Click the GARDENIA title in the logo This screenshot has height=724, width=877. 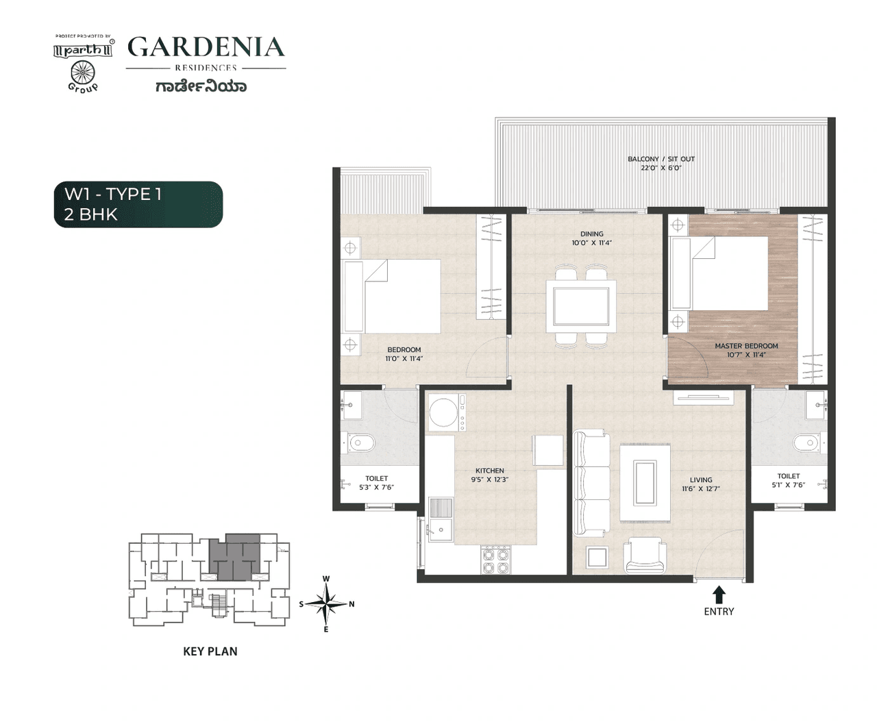point(206,47)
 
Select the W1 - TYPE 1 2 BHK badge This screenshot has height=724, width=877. point(138,204)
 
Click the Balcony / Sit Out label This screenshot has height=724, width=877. point(661,163)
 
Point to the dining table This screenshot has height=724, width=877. point(581,306)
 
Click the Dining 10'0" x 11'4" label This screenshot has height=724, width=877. point(592,238)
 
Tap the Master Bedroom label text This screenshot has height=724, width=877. point(746,350)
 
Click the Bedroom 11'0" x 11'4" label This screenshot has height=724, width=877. point(404,354)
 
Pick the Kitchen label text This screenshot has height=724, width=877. point(490,475)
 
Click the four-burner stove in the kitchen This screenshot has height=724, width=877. point(496,560)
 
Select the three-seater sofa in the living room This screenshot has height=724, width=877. point(591,483)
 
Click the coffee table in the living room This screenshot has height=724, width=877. point(645,483)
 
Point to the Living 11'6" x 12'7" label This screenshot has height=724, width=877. point(701,484)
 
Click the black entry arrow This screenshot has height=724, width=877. point(719,594)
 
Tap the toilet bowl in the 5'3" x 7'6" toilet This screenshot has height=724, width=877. point(360,443)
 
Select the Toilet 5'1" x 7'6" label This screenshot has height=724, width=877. point(789,480)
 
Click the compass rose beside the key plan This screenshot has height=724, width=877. point(327,604)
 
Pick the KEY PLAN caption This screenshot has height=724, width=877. point(210,651)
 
